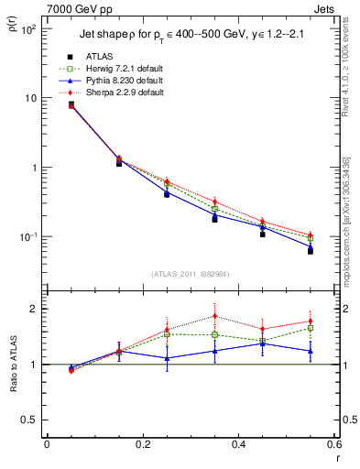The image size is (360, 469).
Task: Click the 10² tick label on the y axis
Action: pyautogui.click(x=28, y=29)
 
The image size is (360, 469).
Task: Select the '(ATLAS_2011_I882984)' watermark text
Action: pyautogui.click(x=191, y=274)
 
